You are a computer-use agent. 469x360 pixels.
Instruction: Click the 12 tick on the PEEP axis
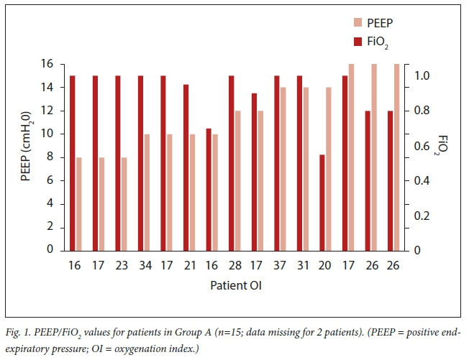pos(52,111)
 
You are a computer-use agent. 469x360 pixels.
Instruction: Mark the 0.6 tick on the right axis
pos(424,146)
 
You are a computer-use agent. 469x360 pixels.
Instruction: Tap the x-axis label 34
pos(143,266)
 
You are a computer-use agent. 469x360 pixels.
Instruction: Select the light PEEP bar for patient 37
pos(284,168)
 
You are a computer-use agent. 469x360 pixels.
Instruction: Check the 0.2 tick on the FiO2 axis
pos(424,216)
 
